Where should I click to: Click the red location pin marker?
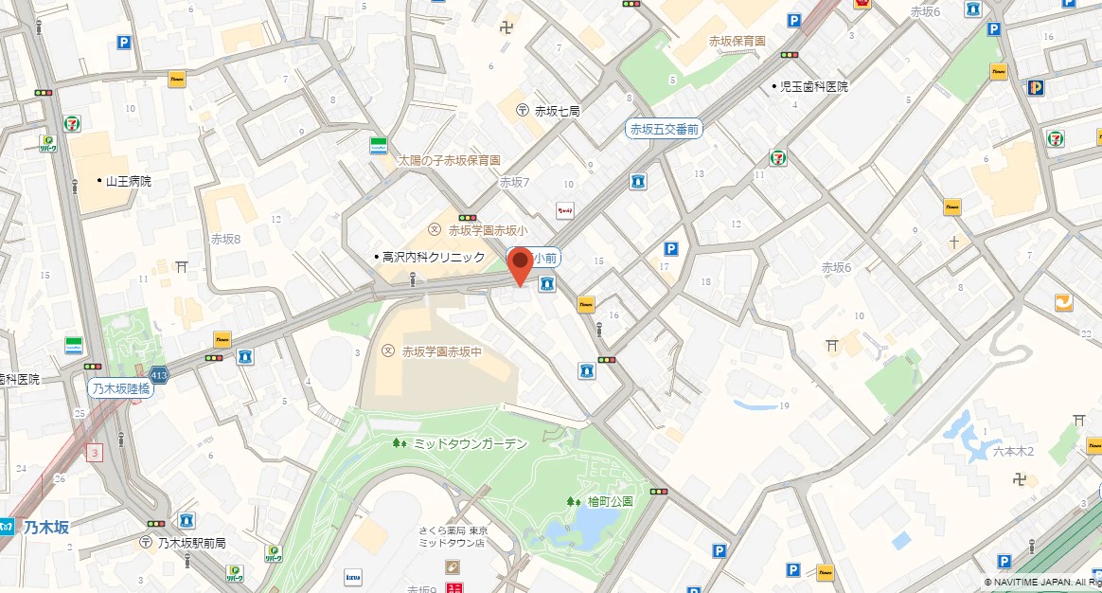coord(520,264)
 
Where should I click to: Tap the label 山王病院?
coord(128,181)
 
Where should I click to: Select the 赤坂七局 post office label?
coord(557,111)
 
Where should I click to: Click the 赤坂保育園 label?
coord(737,41)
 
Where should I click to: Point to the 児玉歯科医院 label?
coord(813,86)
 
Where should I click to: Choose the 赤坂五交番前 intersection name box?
coord(666,129)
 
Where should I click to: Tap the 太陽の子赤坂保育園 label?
coord(449,161)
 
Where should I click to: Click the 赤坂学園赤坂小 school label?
coord(487,229)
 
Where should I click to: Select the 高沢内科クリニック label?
coord(433,257)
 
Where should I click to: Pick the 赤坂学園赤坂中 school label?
coord(441,351)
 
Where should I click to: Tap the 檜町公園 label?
coord(610,501)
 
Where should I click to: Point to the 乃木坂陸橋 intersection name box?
coord(120,388)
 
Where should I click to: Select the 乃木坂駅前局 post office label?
coord(191,543)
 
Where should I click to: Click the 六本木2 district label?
coord(1014,453)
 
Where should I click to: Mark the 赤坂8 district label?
coord(225,239)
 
